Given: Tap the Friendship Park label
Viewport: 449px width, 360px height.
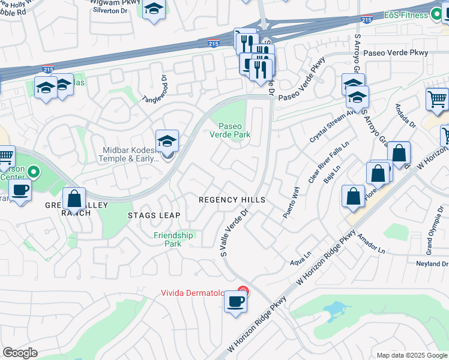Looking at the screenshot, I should coord(173,239).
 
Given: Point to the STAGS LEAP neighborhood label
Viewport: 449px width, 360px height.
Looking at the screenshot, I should coord(154,215).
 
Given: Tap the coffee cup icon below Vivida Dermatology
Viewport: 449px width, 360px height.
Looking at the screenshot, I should coord(236,301).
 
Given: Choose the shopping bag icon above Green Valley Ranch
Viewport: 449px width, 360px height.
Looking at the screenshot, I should coord(74,198).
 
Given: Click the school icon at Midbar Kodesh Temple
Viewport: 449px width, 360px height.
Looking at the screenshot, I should coord(167,142).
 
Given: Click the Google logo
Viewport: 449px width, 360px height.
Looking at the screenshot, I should coord(20,353).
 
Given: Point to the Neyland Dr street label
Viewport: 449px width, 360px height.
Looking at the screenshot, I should coord(432,264).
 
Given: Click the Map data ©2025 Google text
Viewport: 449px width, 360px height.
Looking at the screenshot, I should coord(412,355).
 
